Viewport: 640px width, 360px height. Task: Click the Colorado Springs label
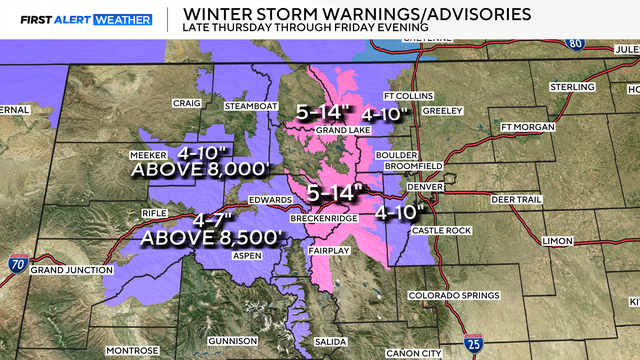[451, 297]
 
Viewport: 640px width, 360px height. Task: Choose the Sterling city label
[574, 88]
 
